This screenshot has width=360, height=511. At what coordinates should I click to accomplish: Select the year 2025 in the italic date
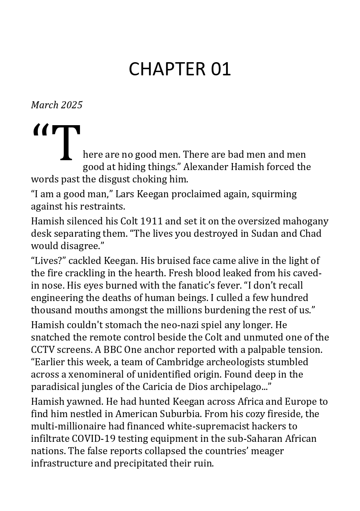[72, 105]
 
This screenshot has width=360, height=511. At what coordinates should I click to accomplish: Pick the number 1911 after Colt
[152, 221]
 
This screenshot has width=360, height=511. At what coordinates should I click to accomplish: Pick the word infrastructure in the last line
[60, 463]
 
